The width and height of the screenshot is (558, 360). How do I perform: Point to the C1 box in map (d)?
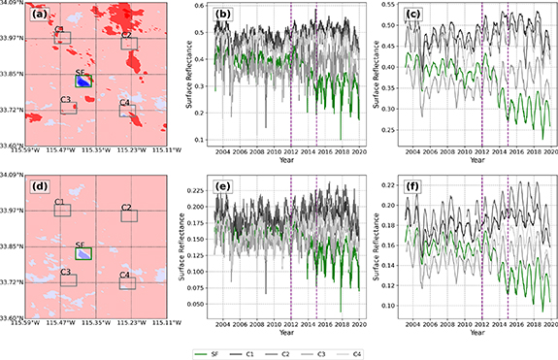[62, 210]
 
